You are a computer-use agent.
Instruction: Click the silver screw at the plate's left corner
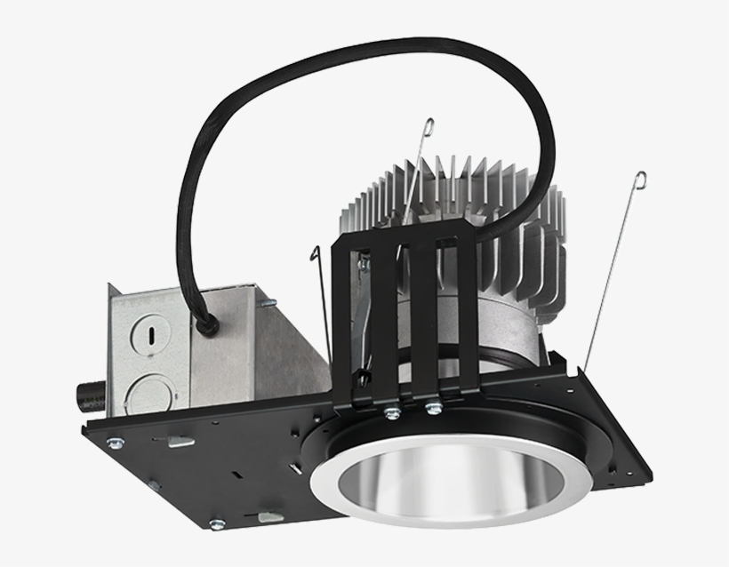point(113,441)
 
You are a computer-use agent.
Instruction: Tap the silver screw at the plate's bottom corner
point(216,523)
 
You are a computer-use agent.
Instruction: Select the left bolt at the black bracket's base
point(391,411)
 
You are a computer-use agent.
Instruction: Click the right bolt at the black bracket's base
point(433,407)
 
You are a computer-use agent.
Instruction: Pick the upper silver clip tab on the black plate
point(180,441)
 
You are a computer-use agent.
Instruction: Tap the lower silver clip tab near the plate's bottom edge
point(269,516)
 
